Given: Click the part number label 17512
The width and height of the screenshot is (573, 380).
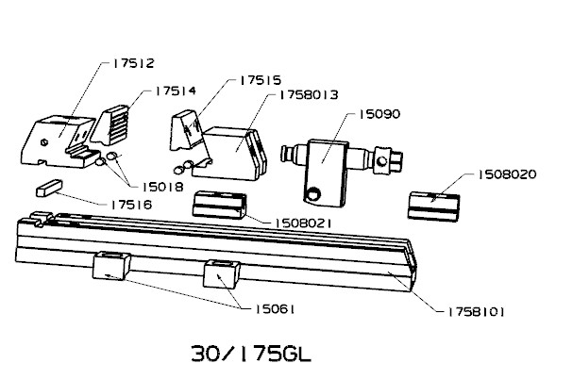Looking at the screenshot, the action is pyautogui.click(x=133, y=63).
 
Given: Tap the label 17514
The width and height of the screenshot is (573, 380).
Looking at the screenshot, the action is pyautogui.click(x=176, y=91).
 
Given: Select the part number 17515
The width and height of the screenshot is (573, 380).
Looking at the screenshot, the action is pyautogui.click(x=261, y=80).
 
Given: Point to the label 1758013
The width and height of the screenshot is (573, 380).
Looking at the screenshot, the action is pyautogui.click(x=309, y=95).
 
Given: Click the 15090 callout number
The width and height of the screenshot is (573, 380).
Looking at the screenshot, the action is pyautogui.click(x=379, y=114).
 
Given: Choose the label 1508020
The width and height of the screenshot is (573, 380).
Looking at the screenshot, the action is pyautogui.click(x=507, y=174).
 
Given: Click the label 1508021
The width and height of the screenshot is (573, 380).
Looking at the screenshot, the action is pyautogui.click(x=303, y=223).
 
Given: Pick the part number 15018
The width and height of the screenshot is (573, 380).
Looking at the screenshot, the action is pyautogui.click(x=162, y=188).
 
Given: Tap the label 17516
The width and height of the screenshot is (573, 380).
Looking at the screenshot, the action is pyautogui.click(x=131, y=205).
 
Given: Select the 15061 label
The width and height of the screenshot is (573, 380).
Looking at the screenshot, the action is pyautogui.click(x=274, y=309).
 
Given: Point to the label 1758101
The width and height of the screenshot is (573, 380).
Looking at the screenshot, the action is pyautogui.click(x=476, y=312).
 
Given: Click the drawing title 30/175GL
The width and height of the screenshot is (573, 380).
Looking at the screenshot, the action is pyautogui.click(x=251, y=354).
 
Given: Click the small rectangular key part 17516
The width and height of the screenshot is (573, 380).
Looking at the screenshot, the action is pyautogui.click(x=49, y=188).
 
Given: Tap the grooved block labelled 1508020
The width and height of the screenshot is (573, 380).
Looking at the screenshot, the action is pyautogui.click(x=433, y=207).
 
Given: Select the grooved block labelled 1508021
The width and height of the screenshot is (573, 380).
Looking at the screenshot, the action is pyautogui.click(x=219, y=205).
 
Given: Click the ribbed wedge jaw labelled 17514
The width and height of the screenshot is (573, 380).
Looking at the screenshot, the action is pyautogui.click(x=110, y=124).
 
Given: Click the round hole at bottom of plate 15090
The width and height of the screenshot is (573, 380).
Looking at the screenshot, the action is pyautogui.click(x=312, y=193).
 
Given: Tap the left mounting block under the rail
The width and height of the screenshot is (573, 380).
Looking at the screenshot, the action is pyautogui.click(x=111, y=265).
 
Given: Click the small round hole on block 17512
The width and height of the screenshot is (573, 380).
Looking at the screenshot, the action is pyautogui.click(x=45, y=142).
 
